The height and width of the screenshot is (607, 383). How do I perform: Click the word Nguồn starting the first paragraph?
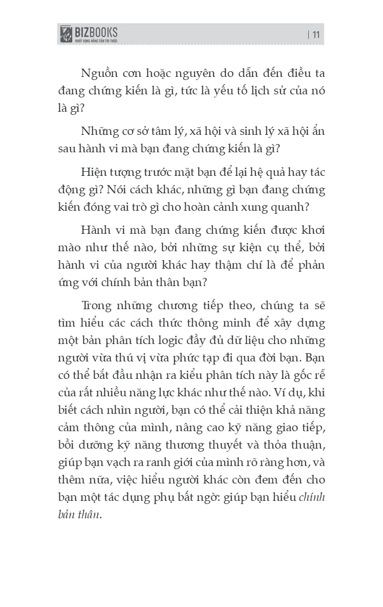(102, 72)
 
